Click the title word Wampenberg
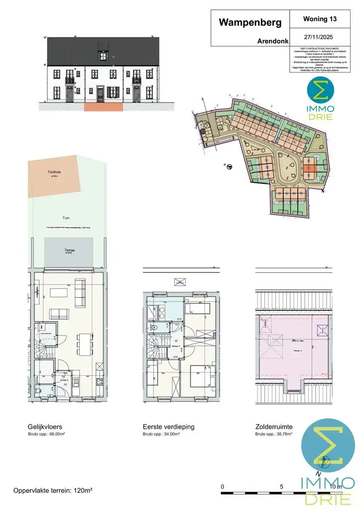point(250,22)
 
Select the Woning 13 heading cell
point(320,19)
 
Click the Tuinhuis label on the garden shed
point(54,172)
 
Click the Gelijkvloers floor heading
point(45,427)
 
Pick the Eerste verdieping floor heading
point(168,427)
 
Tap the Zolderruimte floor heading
point(274,427)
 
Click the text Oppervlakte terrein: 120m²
point(53,491)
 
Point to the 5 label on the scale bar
point(282,486)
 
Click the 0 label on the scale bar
point(223,486)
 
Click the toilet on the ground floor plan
point(39,390)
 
